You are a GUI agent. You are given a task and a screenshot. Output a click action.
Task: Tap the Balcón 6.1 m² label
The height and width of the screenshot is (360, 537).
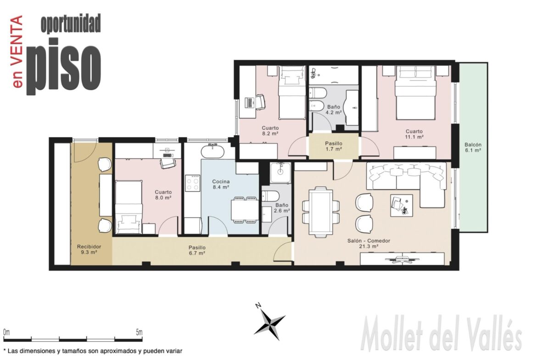pos(473,148)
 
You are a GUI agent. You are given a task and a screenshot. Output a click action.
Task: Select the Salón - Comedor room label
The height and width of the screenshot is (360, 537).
pos(369,244)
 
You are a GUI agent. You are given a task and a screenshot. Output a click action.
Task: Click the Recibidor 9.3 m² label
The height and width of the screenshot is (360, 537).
pos(89,249)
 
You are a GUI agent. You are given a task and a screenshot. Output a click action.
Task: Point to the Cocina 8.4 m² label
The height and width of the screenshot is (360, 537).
pos(221,184)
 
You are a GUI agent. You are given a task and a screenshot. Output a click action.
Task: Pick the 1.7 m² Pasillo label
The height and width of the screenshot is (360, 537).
pos(334,146)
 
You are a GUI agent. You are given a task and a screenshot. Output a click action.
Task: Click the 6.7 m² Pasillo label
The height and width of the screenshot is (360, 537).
pos(197,250)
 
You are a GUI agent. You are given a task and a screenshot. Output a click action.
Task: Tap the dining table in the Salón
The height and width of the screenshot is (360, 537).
pos(320,212)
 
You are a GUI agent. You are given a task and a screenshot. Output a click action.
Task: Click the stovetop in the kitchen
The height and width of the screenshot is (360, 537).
pos(192,183)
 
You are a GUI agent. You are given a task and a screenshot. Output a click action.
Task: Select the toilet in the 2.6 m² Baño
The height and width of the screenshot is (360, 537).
pos(270,196)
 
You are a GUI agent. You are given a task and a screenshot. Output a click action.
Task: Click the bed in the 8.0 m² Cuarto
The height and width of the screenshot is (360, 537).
pos(129,207)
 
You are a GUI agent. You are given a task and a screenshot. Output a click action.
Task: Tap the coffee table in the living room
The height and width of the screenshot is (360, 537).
pos(402,205)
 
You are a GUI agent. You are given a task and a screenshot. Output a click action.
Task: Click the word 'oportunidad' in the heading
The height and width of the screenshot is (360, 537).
pos(71,24)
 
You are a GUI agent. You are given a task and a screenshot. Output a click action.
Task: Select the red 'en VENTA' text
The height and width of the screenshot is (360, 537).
pos(17,51)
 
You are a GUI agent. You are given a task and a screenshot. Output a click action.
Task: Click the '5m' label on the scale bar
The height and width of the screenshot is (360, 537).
pos(139,332)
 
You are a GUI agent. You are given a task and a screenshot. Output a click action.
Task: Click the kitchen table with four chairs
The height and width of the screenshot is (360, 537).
pos(245,210)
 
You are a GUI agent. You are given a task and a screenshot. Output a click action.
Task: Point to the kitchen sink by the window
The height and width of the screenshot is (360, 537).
pos(213,151)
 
